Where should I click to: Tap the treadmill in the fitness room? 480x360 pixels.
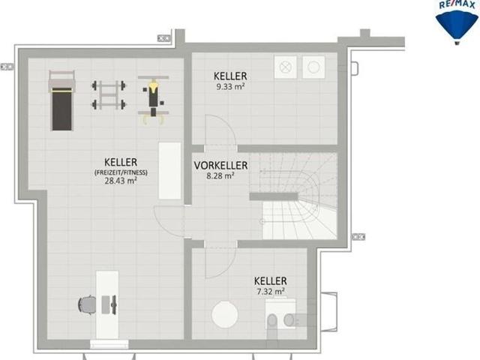(x=61, y=101)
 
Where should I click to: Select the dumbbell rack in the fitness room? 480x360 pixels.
(x=109, y=95)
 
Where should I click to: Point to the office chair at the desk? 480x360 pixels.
(x=87, y=305)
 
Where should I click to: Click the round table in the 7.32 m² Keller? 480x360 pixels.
(x=225, y=315)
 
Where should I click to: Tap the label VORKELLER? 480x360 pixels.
(x=220, y=165)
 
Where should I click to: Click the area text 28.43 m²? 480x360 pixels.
(x=121, y=181)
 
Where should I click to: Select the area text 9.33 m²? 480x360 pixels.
(x=230, y=87)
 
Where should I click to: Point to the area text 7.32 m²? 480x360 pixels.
(x=271, y=292)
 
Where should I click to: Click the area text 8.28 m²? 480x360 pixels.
(x=220, y=176)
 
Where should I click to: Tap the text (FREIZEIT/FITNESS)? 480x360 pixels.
(x=121, y=172)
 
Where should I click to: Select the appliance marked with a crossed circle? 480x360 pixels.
(x=285, y=67)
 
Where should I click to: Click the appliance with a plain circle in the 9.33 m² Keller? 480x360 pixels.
(x=313, y=67)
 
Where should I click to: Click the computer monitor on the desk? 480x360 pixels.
(x=114, y=305)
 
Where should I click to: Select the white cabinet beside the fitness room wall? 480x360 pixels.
(x=169, y=171)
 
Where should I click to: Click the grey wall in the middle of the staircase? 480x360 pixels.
(x=274, y=196)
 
